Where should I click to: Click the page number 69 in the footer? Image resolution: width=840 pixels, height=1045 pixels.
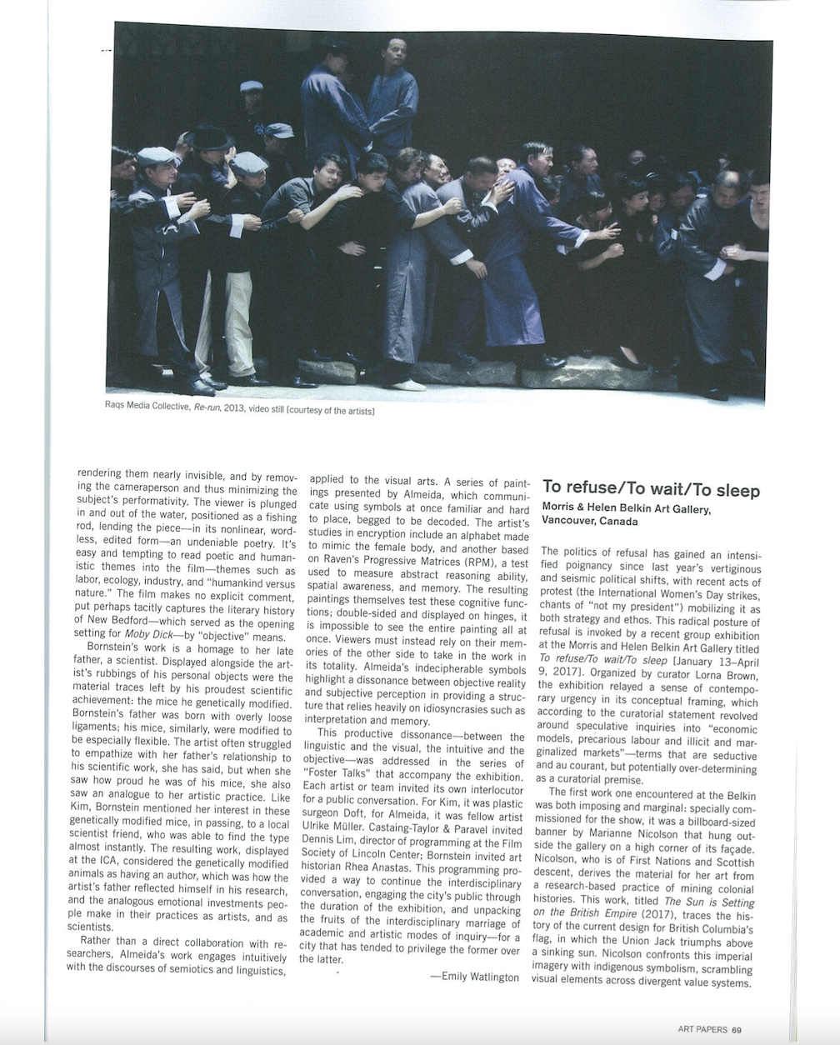click(737, 1029)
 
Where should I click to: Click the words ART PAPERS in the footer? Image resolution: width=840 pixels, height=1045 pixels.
click(703, 1029)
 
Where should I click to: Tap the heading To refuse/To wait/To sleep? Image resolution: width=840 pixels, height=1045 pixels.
click(651, 489)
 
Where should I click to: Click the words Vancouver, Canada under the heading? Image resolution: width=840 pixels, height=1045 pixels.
click(590, 522)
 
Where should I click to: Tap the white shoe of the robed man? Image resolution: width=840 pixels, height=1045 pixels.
click(407, 384)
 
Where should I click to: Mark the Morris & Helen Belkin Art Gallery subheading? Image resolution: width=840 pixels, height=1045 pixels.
click(626, 508)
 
